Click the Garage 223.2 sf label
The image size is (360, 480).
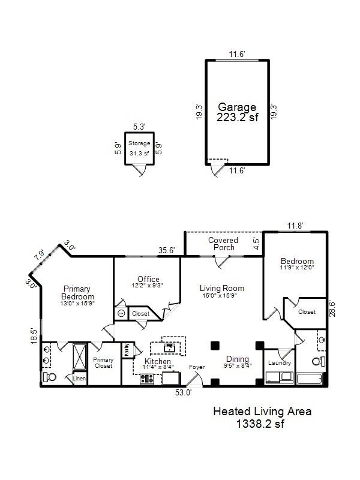[x=237, y=112]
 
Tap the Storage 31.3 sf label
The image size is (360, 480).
[x=139, y=148]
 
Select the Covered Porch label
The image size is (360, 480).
[x=223, y=244]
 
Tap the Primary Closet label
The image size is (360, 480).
[x=103, y=363]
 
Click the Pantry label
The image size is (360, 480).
[x=127, y=350]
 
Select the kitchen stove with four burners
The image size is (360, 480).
[x=147, y=379]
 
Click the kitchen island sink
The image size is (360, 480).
[x=169, y=347]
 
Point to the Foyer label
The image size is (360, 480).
[x=197, y=367]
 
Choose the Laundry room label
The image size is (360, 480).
[x=280, y=363]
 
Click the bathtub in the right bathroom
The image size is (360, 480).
[x=310, y=379]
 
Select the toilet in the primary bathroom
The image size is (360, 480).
[x=50, y=377]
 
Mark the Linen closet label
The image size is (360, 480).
[x=79, y=379]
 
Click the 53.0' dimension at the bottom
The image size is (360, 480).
[x=184, y=392]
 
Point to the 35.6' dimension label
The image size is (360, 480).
[x=167, y=250]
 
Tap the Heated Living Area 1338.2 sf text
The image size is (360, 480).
[x=262, y=417]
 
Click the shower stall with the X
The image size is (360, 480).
[x=80, y=357]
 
